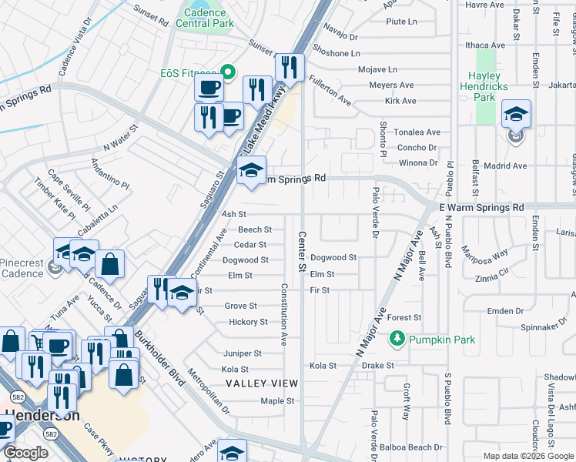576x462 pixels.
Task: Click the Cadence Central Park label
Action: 204,17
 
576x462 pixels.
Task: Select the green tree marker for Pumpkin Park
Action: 397,339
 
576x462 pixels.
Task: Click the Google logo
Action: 25,452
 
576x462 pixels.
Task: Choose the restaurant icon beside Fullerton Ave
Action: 290,69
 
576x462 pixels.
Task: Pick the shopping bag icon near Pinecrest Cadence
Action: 111,264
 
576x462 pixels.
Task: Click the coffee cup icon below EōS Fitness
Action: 208,88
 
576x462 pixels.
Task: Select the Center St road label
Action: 302,251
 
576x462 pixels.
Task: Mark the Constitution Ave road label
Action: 283,313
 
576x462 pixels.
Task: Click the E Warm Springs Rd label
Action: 481,208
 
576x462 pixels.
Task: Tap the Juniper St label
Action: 242,353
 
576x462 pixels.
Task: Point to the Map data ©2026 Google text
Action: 527,456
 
